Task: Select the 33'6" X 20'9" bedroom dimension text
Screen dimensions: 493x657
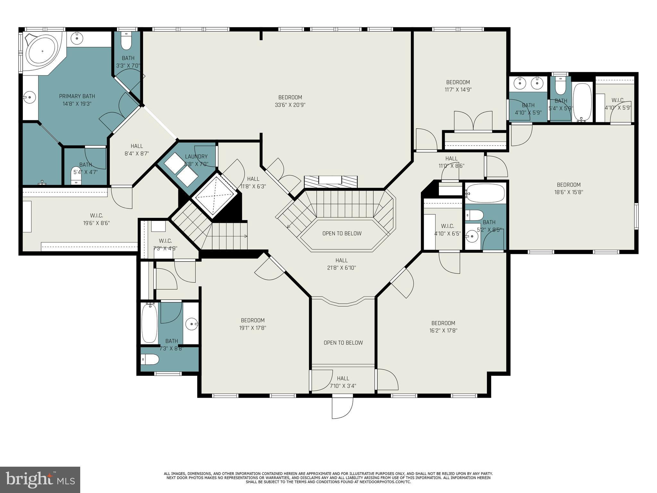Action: pos(290,105)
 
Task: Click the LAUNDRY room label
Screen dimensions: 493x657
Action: pos(196,157)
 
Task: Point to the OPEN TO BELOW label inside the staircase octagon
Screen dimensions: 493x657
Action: pos(342,233)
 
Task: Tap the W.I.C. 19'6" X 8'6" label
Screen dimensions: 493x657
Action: pos(96,219)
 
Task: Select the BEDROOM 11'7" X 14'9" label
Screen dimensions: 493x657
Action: pos(458,86)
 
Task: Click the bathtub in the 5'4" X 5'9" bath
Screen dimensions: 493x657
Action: pos(583,102)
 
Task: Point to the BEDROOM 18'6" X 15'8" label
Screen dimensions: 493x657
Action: pos(568,188)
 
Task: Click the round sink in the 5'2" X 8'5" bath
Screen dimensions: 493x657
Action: pos(472,237)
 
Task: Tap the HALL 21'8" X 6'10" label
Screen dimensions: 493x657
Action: pos(341,264)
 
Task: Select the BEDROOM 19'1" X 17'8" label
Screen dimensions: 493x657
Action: pos(252,324)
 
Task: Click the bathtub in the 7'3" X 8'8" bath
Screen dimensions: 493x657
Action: pos(149,323)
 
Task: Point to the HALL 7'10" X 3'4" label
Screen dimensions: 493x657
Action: pos(343,382)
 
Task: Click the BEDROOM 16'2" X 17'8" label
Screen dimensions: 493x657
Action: pos(443,326)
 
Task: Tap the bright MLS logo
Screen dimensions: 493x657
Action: pos(40,480)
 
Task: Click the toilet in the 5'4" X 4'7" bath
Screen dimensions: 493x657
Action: pos(76,175)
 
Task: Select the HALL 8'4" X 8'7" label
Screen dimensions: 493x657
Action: pos(137,150)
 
